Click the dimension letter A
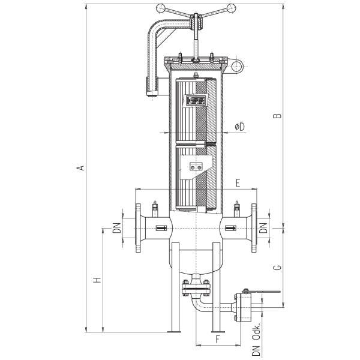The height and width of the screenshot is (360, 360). click(80, 168)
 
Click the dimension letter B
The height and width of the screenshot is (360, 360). click(277, 115)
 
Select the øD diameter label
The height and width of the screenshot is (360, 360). click(240, 127)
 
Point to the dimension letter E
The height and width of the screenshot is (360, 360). click(238, 183)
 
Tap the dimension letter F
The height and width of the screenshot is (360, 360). click(218, 339)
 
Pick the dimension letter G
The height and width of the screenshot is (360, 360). click(278, 268)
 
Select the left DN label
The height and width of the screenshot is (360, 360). click(117, 228)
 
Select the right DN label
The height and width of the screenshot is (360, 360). click(263, 228)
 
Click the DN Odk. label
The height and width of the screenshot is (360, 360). click(256, 340)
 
